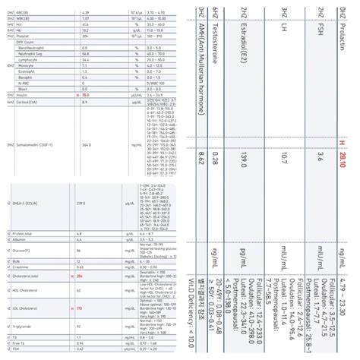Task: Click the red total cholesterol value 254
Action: pyautogui.click(x=79, y=279)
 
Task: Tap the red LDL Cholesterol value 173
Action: pyautogui.click(x=79, y=310)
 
